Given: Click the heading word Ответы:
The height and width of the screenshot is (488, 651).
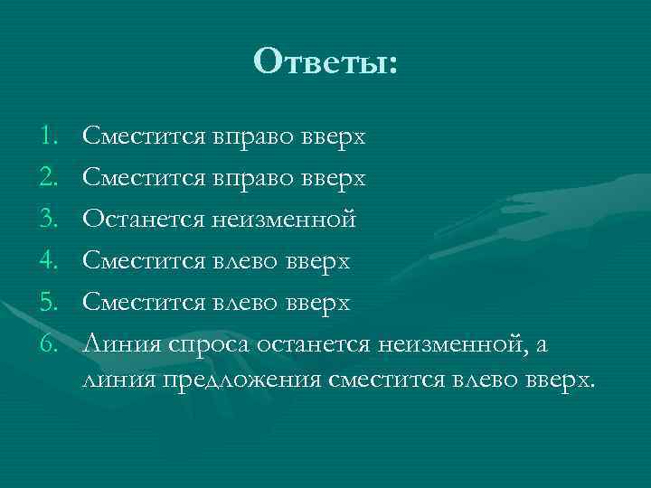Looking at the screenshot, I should tap(325, 61).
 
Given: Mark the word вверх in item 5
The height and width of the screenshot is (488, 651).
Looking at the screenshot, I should tap(320, 303).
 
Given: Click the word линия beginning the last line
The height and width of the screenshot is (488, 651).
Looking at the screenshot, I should tap(118, 380).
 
